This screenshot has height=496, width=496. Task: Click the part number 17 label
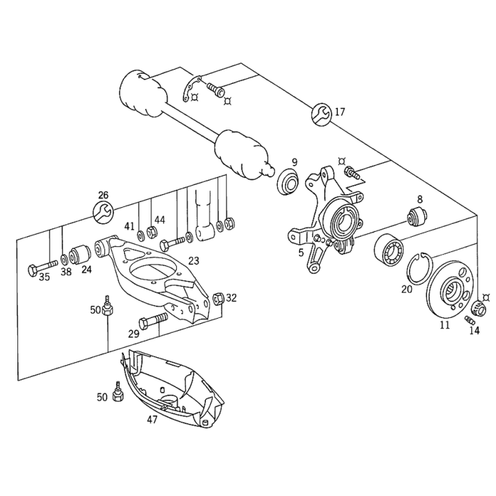coord(339,112)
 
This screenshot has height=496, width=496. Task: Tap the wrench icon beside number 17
coord(320,113)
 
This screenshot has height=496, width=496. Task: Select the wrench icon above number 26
coord(103,212)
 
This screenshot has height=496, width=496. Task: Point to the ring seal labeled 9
coord(288,181)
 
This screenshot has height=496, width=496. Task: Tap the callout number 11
coord(445,325)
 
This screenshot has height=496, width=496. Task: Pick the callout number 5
coord(301,252)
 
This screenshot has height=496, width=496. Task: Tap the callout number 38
coord(66,271)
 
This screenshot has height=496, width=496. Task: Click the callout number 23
coord(193,261)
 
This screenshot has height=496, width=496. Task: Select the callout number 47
coord(152,420)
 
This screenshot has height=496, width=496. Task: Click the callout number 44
coord(160,219)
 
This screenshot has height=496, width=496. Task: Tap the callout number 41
coord(130,225)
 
